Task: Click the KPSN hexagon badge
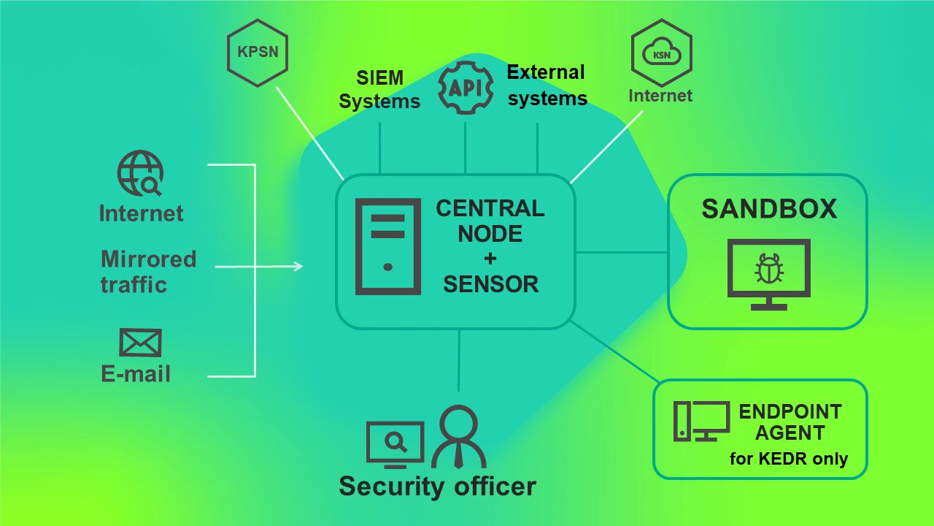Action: pos(258,53)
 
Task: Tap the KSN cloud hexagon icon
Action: pos(661,53)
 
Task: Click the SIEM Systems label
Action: pos(380,89)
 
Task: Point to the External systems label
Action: pos(547,85)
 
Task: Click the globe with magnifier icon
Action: pos(140,174)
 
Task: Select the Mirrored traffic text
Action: pos(148,271)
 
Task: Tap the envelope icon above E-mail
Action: pos(140,342)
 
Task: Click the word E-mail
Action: pos(136,374)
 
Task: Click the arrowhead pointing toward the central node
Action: pos(298,267)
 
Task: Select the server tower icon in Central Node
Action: pos(387,247)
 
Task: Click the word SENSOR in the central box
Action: pos(490,284)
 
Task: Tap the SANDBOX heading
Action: pos(769,210)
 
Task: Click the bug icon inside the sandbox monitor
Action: pos(768,269)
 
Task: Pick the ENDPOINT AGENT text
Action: pos(790,422)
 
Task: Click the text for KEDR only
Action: pos(789,460)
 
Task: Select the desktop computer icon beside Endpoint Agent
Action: pos(701,422)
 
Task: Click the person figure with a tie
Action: pos(458,437)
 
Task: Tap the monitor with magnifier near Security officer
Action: pos(395,444)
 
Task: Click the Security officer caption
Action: pos(437,487)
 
